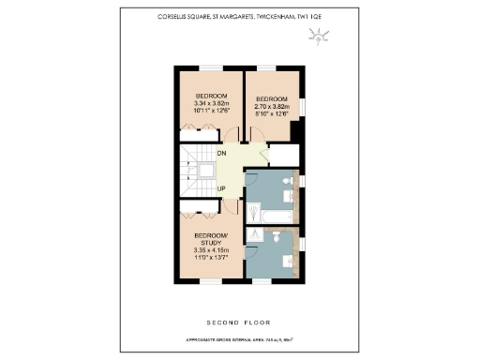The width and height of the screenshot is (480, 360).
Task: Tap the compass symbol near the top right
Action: click(322, 38)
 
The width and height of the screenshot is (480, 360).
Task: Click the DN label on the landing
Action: click(221, 152)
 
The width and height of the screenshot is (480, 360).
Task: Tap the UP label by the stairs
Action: click(222, 188)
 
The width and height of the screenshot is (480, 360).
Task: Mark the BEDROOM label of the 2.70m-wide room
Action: click(270, 99)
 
